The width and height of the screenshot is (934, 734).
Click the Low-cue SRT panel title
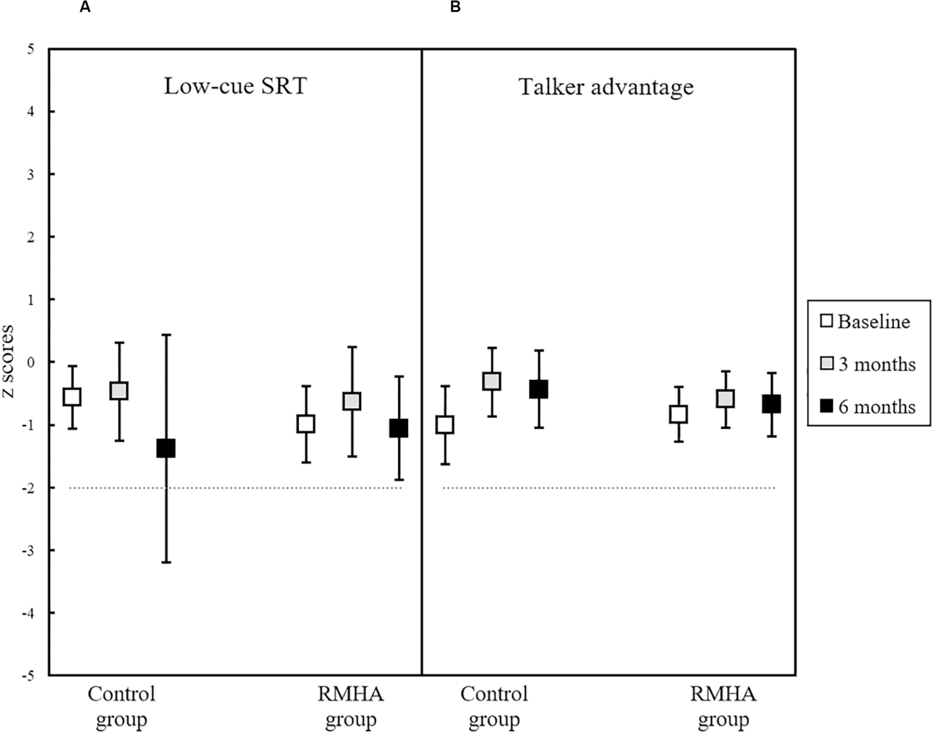click(235, 86)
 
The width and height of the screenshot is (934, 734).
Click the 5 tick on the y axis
click(31, 49)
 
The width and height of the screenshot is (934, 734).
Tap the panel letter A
click(85, 7)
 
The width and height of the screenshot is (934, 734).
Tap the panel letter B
click(455, 7)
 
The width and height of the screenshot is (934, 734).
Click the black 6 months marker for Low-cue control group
click(166, 448)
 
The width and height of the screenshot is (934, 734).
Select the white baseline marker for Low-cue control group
click(72, 397)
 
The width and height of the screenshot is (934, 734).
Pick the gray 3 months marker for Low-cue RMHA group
click(352, 401)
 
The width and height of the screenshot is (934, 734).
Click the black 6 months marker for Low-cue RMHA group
click(399, 428)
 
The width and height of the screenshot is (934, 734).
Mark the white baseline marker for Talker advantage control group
click(445, 425)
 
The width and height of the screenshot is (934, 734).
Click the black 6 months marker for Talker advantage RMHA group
click(771, 404)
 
